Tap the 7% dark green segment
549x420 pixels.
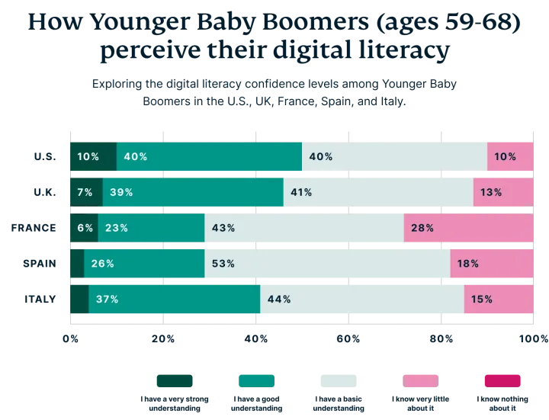[x=85, y=192]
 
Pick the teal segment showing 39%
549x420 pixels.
[x=193, y=192]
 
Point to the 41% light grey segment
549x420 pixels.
[x=377, y=192]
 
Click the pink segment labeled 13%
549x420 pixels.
[x=502, y=192]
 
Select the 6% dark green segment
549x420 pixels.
[x=83, y=228]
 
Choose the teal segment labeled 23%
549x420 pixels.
[x=151, y=228]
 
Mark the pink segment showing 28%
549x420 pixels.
[x=468, y=228]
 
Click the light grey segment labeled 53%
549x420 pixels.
[x=327, y=264]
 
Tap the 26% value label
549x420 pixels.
[x=102, y=264]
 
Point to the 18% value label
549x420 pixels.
[x=468, y=264]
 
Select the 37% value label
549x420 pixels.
[x=108, y=299]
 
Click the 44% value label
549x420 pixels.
[x=279, y=299]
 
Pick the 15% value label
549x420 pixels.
[x=482, y=299]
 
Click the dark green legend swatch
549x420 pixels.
[x=174, y=380]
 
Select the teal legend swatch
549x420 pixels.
[x=257, y=380]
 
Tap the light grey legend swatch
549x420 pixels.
[x=339, y=380]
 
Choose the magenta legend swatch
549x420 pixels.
[x=502, y=380]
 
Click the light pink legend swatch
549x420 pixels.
[x=419, y=380]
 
